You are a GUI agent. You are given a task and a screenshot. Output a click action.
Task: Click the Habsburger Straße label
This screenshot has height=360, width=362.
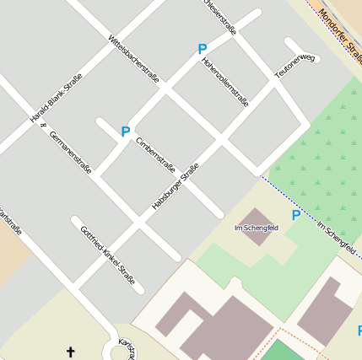click(x=176, y=187)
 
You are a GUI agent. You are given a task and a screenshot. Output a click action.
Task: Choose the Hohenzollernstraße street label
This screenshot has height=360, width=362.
click(x=225, y=83)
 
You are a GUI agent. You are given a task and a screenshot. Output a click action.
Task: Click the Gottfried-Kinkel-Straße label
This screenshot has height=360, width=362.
click(x=107, y=254)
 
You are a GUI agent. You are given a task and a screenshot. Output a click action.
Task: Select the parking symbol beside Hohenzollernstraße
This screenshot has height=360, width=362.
click(x=203, y=50)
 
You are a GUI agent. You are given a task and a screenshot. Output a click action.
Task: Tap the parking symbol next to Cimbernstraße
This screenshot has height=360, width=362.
click(x=126, y=132)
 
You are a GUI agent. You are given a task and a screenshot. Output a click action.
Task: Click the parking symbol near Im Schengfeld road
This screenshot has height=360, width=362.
click(x=296, y=216)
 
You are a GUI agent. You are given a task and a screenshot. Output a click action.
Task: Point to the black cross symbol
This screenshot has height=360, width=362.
click(x=71, y=351)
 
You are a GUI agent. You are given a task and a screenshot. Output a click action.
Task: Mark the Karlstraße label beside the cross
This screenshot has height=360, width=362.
click(x=127, y=350)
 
